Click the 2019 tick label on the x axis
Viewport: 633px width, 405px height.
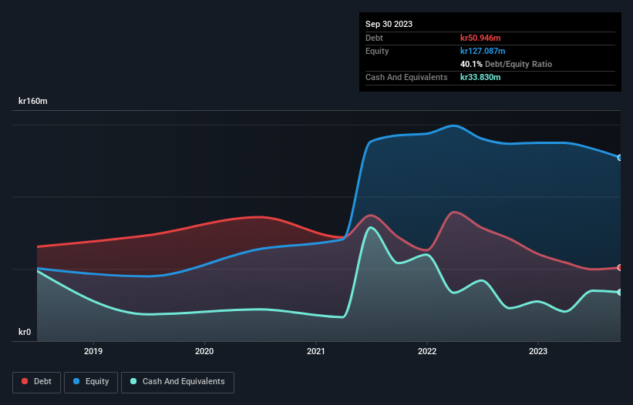pyautogui.click(x=93, y=351)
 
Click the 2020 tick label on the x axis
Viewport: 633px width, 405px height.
pyautogui.click(x=204, y=351)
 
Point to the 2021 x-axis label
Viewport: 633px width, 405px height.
pyautogui.click(x=316, y=351)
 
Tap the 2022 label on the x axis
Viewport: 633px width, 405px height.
pyautogui.click(x=427, y=351)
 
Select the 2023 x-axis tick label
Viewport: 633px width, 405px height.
pyautogui.click(x=538, y=351)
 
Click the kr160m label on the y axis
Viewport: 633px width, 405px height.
pyautogui.click(x=34, y=101)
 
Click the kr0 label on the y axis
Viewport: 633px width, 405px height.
pyautogui.click(x=25, y=333)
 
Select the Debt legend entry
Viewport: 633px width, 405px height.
pyautogui.click(x=36, y=381)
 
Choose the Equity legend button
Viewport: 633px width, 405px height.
pyautogui.click(x=91, y=381)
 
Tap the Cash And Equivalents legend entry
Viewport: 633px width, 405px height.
pyautogui.click(x=177, y=381)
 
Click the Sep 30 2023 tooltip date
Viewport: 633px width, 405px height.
pyautogui.click(x=389, y=24)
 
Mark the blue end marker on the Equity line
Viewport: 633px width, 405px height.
pyautogui.click(x=620, y=158)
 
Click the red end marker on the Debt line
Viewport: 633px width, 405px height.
pyautogui.click(x=620, y=268)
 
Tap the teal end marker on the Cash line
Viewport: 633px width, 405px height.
pyautogui.click(x=620, y=292)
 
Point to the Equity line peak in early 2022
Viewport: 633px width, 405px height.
pyautogui.click(x=454, y=126)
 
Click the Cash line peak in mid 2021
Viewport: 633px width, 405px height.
pyautogui.click(x=372, y=227)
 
